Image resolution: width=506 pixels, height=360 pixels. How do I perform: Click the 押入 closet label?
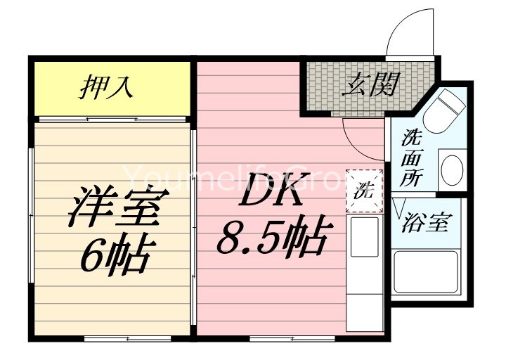[x=105, y=88]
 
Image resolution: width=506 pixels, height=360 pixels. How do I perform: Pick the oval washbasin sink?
[x=450, y=169]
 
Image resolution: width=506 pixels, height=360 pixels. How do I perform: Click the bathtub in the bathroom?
[x=425, y=274]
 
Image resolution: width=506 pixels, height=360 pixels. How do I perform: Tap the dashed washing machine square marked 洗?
[x=364, y=191]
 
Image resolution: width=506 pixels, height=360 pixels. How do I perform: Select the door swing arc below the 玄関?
[x=358, y=134]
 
